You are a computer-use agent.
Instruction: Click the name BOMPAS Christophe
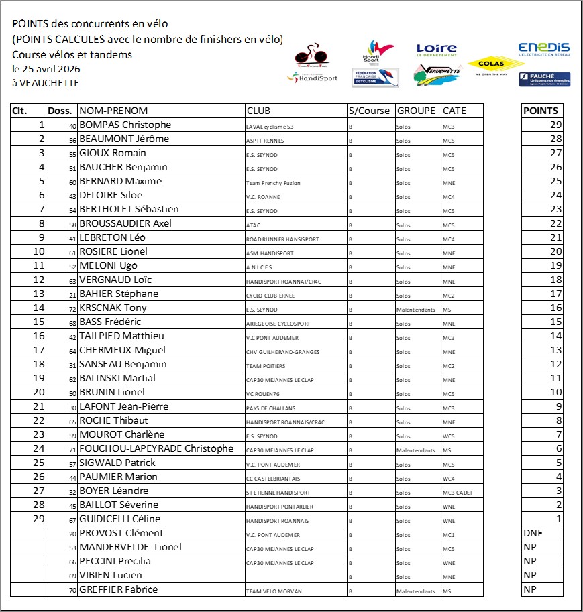click(125, 125)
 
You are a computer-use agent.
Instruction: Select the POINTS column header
click(540, 111)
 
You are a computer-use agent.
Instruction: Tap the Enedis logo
click(543, 48)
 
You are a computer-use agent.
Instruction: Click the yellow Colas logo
click(495, 65)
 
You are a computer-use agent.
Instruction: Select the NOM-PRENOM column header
click(113, 111)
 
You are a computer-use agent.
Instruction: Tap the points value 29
click(555, 125)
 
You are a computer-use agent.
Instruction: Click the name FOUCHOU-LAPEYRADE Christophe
click(156, 449)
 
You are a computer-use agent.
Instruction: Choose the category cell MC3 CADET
click(458, 493)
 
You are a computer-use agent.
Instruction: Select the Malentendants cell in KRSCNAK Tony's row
click(415, 309)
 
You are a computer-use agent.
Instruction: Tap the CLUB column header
click(259, 111)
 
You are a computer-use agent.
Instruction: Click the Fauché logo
click(543, 80)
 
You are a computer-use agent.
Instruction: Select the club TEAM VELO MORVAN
click(274, 591)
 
